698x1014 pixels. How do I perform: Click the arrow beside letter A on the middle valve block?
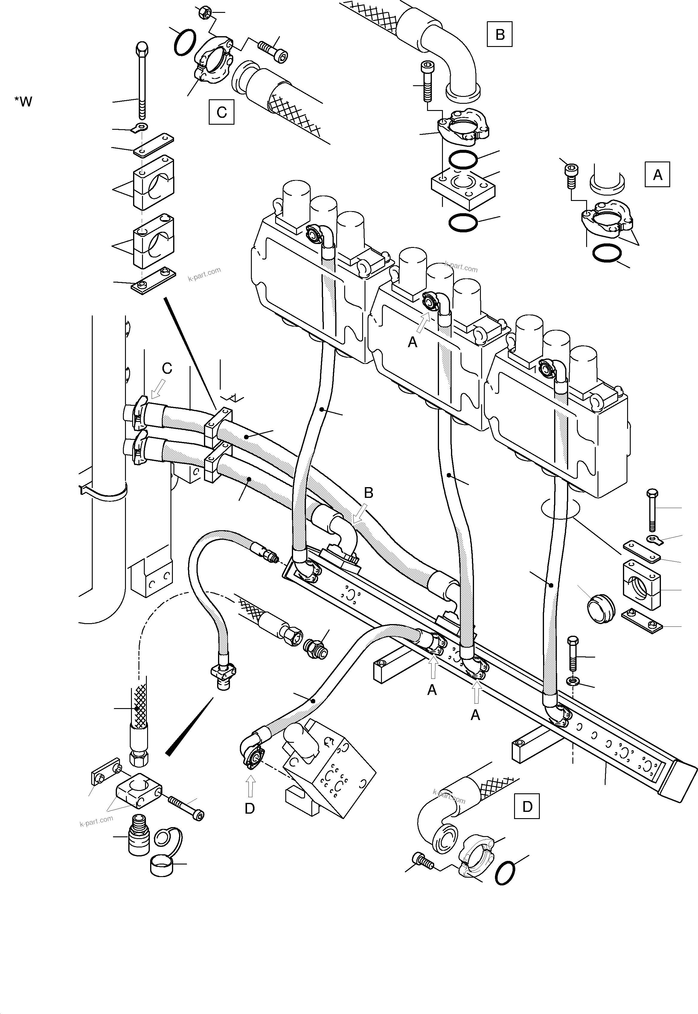pyautogui.click(x=423, y=323)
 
